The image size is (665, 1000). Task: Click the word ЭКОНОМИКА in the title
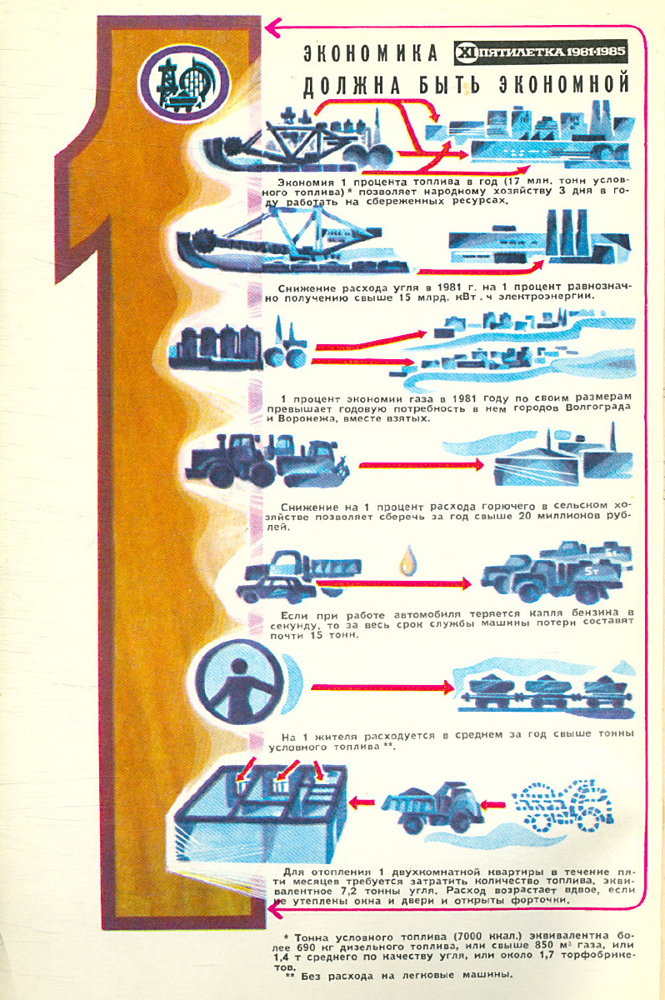369,54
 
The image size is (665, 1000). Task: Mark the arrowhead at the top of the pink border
272,30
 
